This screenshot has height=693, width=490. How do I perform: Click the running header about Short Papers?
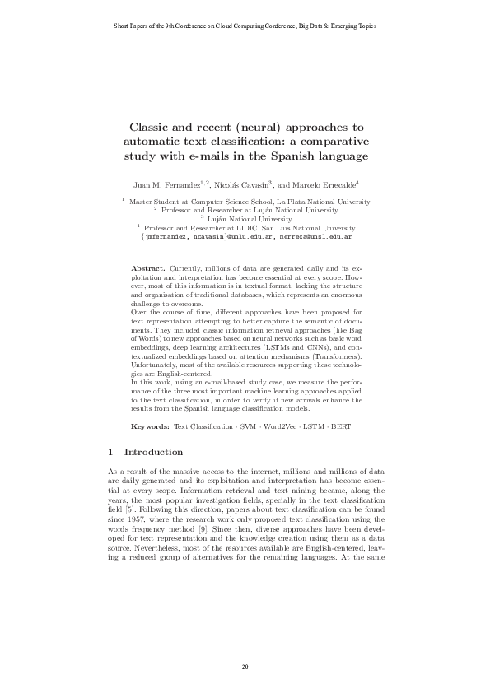(x=245, y=26)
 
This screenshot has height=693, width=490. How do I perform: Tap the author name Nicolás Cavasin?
(x=244, y=184)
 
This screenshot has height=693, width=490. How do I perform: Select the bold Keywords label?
(x=151, y=426)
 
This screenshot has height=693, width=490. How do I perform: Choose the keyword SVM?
(x=251, y=426)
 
